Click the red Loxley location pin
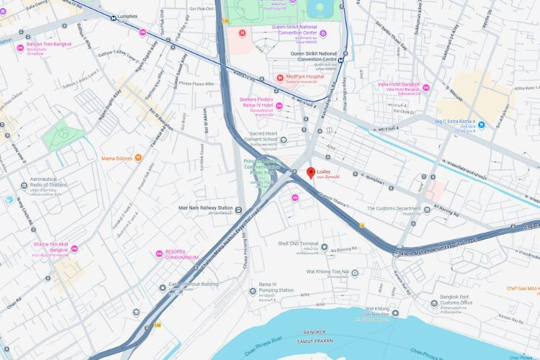(311, 173)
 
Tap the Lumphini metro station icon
(114, 15)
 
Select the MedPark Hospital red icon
(280, 78)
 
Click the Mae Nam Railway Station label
(205, 209)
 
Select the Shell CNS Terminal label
(298, 243)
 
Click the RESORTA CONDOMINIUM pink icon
(159, 253)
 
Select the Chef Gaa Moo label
(522, 289)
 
